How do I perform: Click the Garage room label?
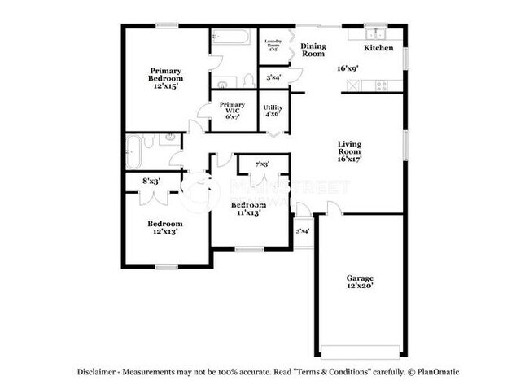(x=359, y=278)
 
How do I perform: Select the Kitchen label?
(x=378, y=48)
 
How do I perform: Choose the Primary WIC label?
(x=232, y=105)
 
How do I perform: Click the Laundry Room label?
(x=270, y=42)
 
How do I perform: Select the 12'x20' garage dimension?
(x=359, y=287)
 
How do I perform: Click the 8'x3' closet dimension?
(x=151, y=181)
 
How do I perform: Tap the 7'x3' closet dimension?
(x=263, y=165)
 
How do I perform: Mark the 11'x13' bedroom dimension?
(x=248, y=213)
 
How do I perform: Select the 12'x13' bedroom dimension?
(x=164, y=232)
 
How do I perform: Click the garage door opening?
(x=359, y=352)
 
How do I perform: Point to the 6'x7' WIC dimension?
(x=232, y=116)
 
